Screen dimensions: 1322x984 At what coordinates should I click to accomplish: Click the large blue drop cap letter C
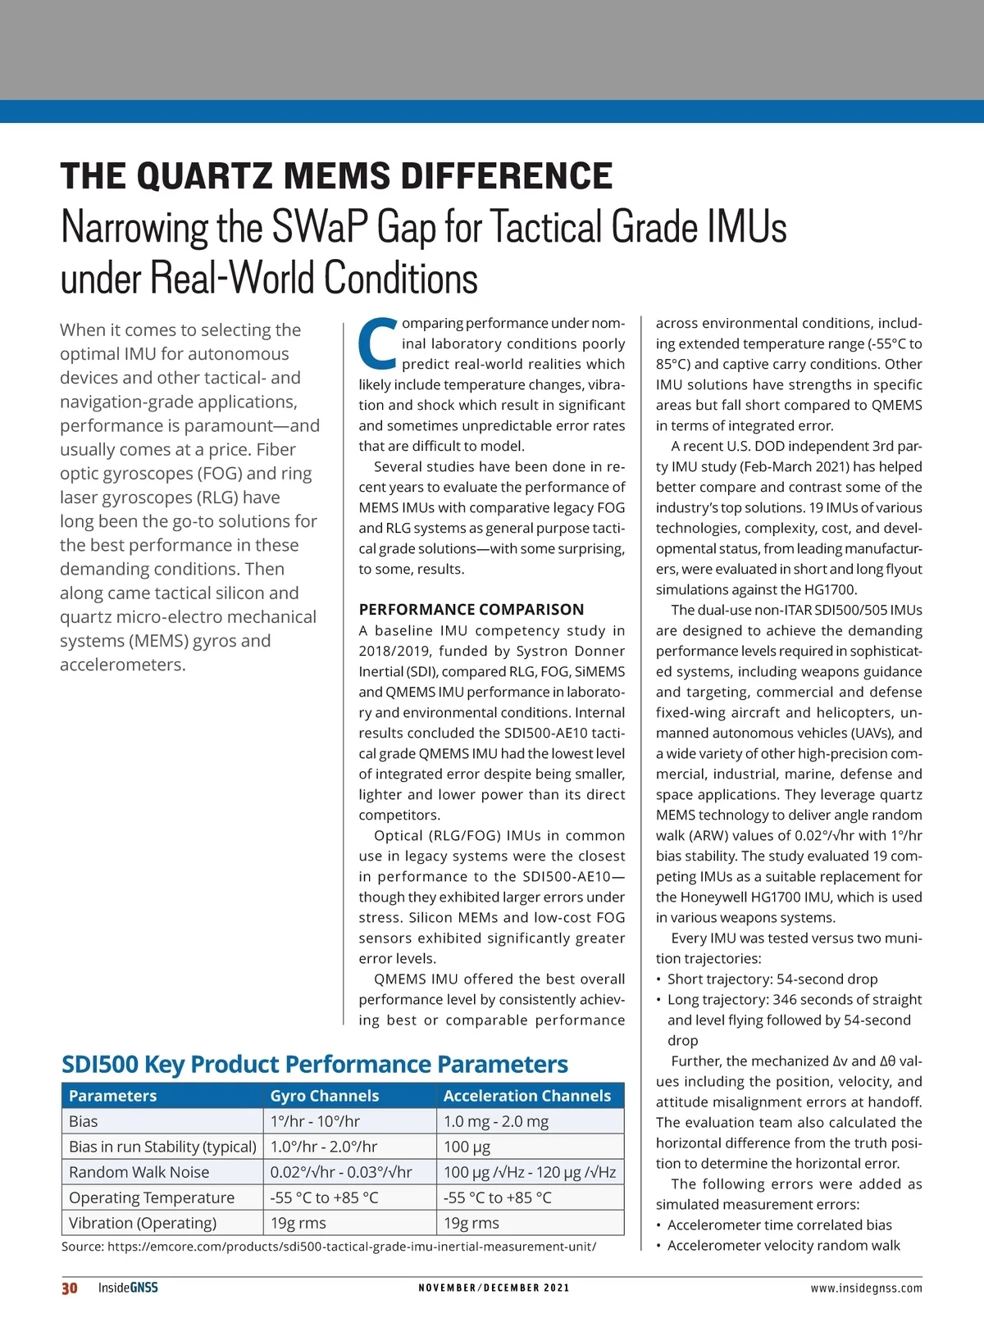click(x=378, y=343)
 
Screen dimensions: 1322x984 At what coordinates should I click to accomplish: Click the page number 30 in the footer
click(x=70, y=1288)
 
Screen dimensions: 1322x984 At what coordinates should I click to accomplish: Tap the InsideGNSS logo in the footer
click(x=128, y=1288)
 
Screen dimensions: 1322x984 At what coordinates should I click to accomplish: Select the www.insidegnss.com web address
click(x=866, y=1288)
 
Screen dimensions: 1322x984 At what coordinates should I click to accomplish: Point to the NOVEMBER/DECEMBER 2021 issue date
click(x=494, y=1288)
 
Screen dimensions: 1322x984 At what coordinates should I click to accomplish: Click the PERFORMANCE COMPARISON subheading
click(x=471, y=609)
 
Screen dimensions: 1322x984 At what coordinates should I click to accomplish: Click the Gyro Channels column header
click(x=325, y=1096)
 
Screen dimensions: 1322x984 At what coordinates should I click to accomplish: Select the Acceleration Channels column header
click(x=527, y=1096)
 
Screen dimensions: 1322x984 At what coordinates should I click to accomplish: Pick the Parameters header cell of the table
click(x=112, y=1096)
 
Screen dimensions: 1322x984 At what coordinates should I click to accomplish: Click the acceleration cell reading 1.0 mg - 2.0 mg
click(x=496, y=1121)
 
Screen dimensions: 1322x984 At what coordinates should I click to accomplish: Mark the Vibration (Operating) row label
click(x=143, y=1223)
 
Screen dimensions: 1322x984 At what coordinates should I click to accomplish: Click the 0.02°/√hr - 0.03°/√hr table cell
click(x=341, y=1172)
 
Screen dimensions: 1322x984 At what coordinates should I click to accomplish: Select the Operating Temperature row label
click(x=152, y=1197)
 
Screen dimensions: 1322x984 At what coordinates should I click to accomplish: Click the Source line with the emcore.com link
click(x=329, y=1247)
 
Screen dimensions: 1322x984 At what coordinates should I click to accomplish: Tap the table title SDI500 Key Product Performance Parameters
click(x=315, y=1064)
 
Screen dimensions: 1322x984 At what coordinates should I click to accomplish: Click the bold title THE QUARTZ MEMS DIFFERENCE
click(x=336, y=176)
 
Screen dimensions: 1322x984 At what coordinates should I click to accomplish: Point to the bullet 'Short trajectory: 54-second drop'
click(x=772, y=979)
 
